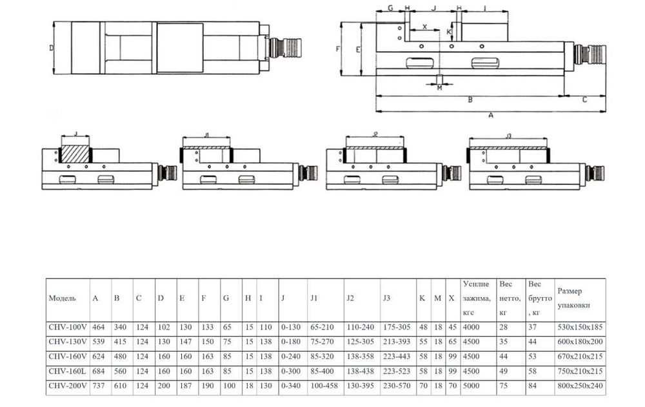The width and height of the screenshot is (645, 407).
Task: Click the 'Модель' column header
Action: coord(62,298)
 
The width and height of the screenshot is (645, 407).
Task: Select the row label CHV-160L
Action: coord(68,371)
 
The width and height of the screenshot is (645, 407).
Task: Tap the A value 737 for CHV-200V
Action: coord(99,386)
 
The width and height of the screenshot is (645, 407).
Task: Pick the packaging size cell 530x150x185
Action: coord(580,327)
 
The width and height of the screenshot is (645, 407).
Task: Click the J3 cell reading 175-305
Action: coord(397,327)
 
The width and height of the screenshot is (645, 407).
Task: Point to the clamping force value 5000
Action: coord(471,386)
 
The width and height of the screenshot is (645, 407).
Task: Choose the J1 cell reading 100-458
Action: coord(324,386)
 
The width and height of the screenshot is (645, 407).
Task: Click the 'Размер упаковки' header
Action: coord(574,298)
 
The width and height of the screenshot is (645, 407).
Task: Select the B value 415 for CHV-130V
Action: coord(120,342)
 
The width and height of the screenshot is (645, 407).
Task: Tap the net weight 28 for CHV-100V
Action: coord(504,327)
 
